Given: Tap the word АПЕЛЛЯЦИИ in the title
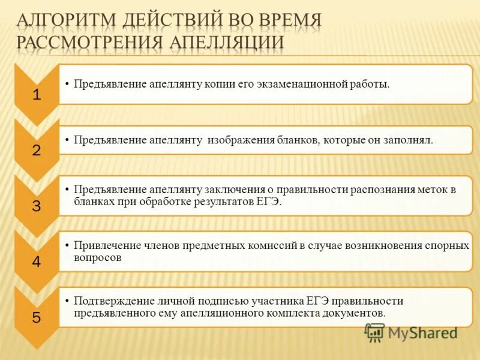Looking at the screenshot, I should coord(226,41).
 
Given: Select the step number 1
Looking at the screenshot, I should coord(37,95).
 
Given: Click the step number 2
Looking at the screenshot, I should coord(37,151).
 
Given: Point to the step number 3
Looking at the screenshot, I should coord(37,206).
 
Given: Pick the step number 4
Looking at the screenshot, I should coord(37,262).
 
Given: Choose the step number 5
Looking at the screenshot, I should coord(37,318).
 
